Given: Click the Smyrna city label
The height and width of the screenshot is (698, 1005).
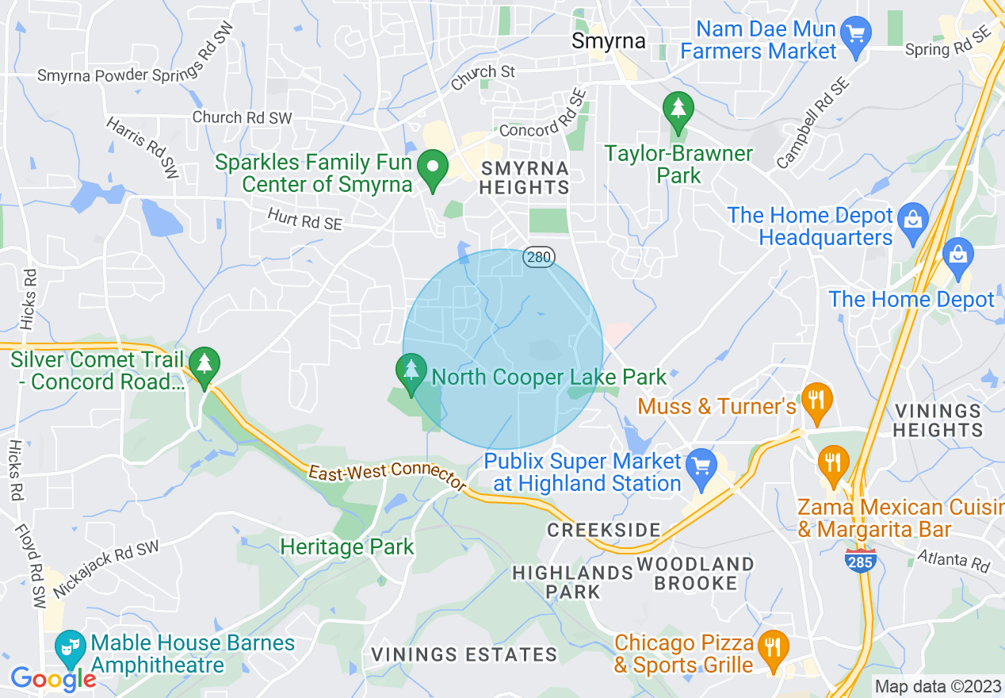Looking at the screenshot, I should tap(609, 40).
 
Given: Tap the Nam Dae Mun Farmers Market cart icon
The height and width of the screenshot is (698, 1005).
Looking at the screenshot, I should tap(855, 33).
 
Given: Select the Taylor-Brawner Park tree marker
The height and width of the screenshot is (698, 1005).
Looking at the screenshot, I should tap(678, 110).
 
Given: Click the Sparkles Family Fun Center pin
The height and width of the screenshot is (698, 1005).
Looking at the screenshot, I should tap(434, 169).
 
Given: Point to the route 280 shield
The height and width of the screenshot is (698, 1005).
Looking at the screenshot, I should tap(538, 257).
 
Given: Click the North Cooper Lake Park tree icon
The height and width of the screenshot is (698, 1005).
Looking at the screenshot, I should tap(411, 373).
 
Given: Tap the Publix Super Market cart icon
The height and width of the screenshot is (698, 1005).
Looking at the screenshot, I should tap(701, 465).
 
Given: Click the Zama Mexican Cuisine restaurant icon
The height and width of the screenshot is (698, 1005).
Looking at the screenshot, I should tap(832, 462).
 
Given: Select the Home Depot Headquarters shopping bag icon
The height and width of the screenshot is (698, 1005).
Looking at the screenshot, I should tap(913, 220).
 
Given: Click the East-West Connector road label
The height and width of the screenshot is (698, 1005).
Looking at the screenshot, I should tap(386, 475).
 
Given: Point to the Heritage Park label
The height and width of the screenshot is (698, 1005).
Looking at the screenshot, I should tap(347, 547).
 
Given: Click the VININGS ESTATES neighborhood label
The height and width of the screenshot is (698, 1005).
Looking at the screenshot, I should tap(464, 655).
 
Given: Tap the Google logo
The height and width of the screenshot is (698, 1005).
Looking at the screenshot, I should tap(52, 679).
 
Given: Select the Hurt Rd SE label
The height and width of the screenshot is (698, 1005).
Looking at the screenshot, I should tap(304, 219).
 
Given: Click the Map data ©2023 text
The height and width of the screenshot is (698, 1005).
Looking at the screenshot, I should tap(937, 686).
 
